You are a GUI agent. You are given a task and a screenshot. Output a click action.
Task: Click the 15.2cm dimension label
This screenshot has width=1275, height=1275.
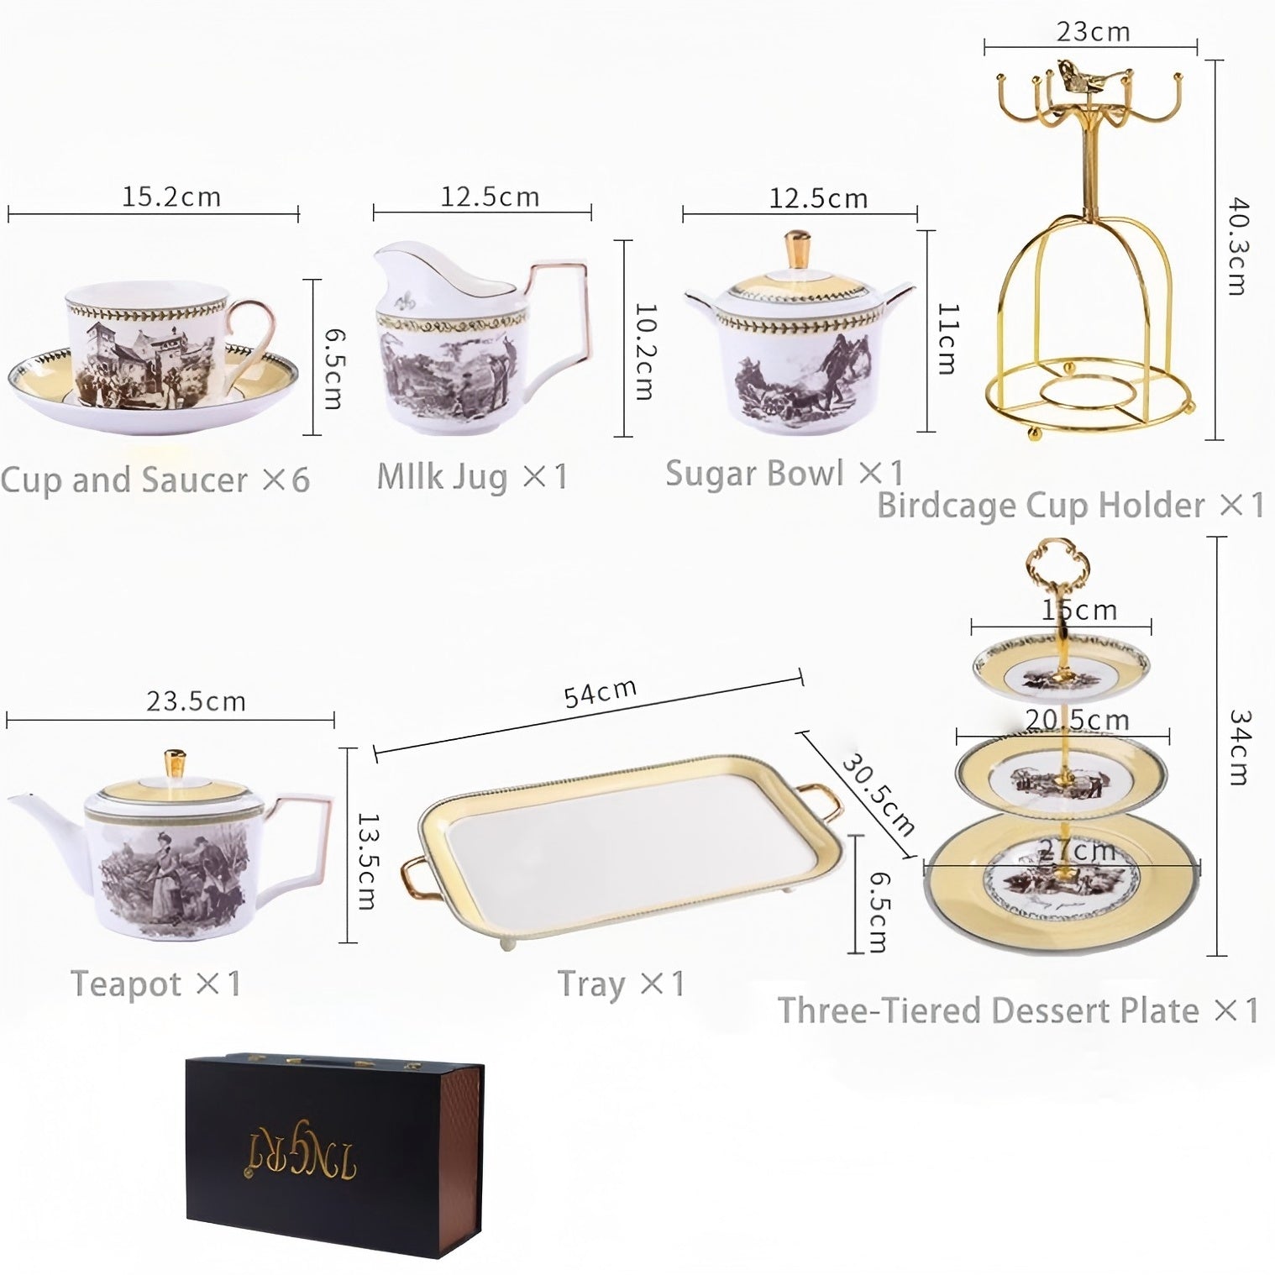pyautogui.click(x=171, y=197)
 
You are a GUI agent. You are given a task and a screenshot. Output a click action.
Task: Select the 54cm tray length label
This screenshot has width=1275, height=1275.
pyautogui.click(x=600, y=694)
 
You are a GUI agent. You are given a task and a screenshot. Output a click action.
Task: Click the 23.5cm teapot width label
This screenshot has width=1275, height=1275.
pyautogui.click(x=196, y=701)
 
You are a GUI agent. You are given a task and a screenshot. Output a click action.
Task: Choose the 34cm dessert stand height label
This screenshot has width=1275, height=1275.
pyautogui.click(x=1239, y=747)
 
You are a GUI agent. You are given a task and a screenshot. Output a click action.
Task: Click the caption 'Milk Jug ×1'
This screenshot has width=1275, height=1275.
pyautogui.click(x=472, y=477)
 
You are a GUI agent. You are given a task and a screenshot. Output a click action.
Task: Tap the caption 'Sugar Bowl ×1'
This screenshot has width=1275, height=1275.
pyautogui.click(x=784, y=474)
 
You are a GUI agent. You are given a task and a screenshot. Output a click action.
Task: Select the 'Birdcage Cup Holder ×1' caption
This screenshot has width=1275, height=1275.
pyautogui.click(x=1070, y=506)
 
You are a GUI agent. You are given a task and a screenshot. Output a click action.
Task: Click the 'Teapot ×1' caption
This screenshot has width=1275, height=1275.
pyautogui.click(x=155, y=984)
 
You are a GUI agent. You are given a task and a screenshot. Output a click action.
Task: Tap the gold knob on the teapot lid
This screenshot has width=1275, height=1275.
pyautogui.click(x=175, y=764)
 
